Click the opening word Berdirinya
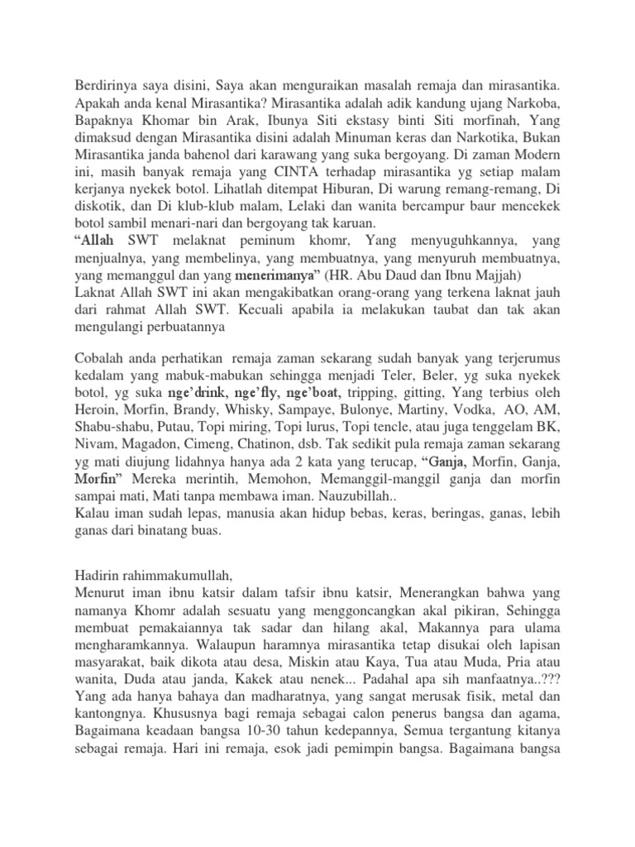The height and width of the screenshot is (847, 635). coord(106,84)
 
